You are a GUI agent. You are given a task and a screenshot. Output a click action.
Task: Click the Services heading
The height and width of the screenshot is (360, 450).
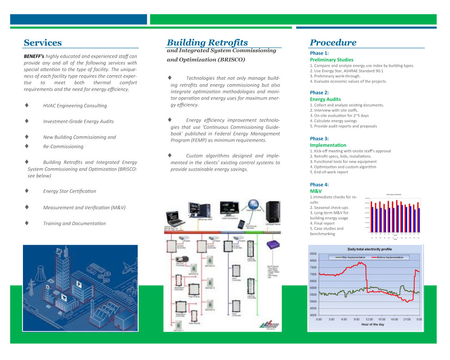[x=43, y=43]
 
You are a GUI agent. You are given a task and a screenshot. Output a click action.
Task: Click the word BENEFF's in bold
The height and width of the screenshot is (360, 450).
[x=34, y=56]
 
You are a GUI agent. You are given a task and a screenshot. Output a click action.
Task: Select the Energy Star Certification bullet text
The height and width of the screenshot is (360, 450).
[x=69, y=191]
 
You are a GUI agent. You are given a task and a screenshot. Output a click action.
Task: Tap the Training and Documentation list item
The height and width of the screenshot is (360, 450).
[x=74, y=224]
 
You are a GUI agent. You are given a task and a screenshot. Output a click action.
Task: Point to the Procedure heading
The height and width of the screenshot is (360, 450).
[x=333, y=43]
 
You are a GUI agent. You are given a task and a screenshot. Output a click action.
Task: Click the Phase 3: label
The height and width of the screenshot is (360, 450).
[x=319, y=139]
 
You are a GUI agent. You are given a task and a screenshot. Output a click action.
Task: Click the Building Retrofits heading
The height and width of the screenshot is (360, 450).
[x=207, y=43]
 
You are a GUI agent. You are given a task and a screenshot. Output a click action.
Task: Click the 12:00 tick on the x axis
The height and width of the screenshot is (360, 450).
[x=369, y=319]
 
